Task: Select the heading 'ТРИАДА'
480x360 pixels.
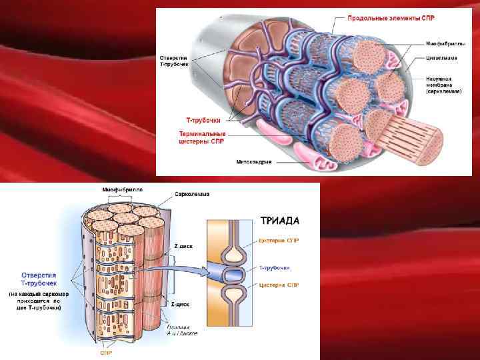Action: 279,219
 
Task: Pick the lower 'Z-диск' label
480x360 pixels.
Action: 180,304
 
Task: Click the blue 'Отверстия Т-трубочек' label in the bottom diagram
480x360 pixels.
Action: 39,279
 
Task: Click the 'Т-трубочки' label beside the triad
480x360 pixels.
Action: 274,267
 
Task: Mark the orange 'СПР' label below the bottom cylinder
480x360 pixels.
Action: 106,353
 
